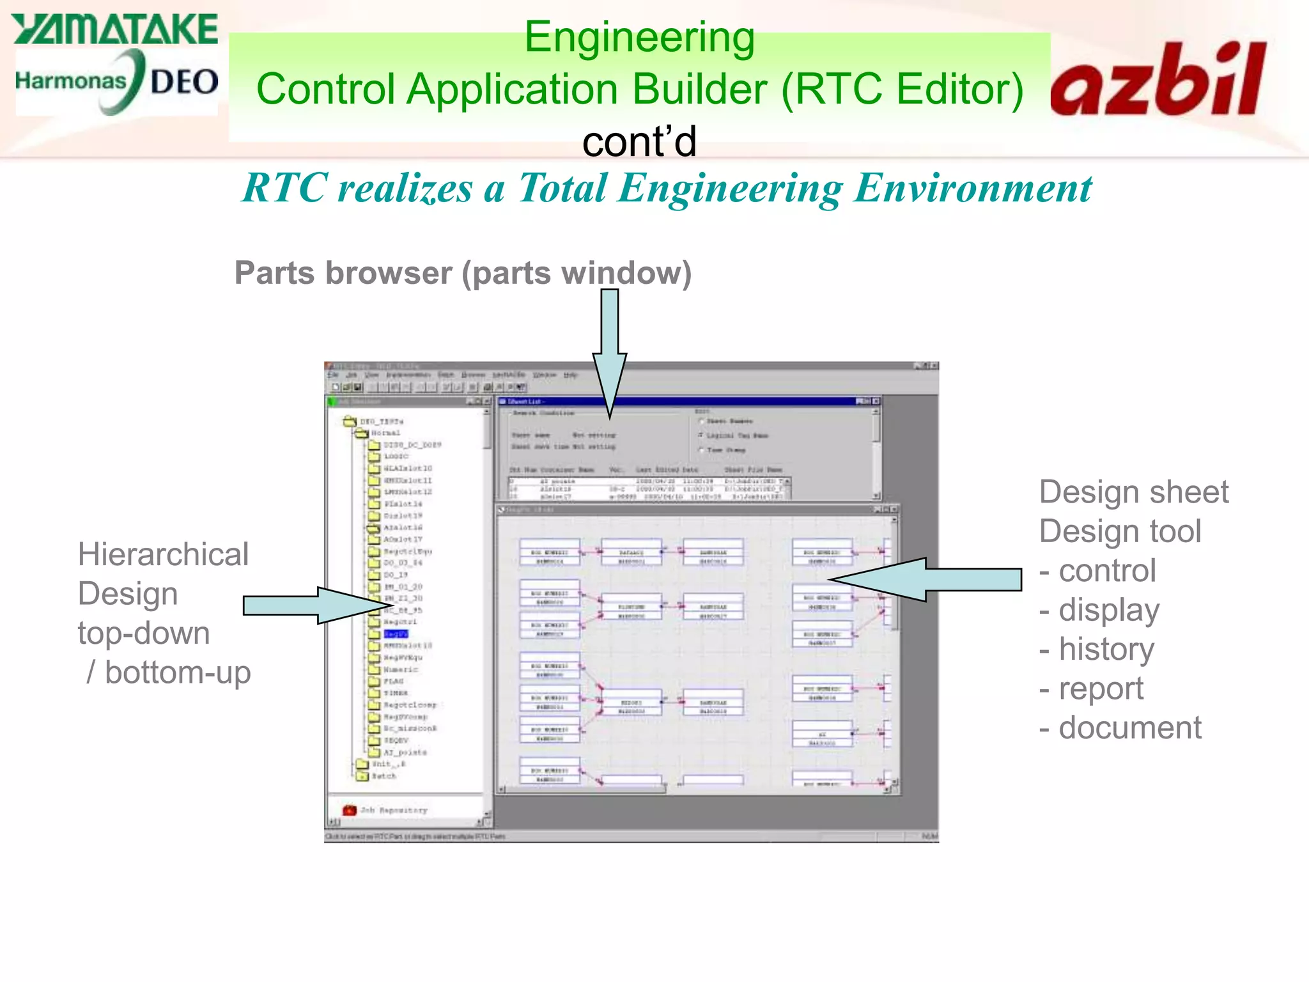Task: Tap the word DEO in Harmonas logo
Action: pyautogui.click(x=184, y=82)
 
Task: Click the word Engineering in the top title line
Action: pyautogui.click(x=639, y=37)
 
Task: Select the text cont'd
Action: pyautogui.click(x=639, y=141)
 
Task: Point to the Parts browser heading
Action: pyautogui.click(x=463, y=273)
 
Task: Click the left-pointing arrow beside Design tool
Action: pyautogui.click(x=927, y=579)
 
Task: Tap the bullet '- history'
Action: pyautogui.click(x=1097, y=649)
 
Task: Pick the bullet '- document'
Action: pyautogui.click(x=1120, y=728)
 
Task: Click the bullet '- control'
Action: pyautogui.click(x=1097, y=570)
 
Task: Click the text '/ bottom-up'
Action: pyautogui.click(x=168, y=673)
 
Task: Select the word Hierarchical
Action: pyautogui.click(x=163, y=554)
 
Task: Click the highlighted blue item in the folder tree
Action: pyautogui.click(x=396, y=634)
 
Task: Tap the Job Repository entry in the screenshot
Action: pyautogui.click(x=392, y=810)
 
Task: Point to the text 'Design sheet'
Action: pyautogui.click(x=1133, y=492)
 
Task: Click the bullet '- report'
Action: pyautogui.click(x=1091, y=689)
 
